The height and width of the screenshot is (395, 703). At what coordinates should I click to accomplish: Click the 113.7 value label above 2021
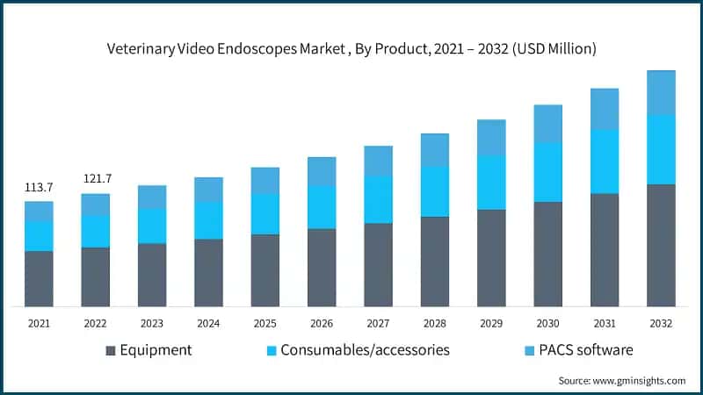pos(39,187)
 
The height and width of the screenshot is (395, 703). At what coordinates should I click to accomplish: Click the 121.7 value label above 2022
pos(98,179)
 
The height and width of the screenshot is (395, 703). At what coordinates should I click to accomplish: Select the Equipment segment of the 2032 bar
pos(661,246)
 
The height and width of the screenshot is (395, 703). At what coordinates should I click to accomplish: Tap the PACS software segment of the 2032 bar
pos(661,93)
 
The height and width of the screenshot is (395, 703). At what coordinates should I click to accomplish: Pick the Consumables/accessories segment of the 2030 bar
pos(547,172)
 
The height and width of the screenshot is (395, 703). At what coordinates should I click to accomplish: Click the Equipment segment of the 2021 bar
pos(39,279)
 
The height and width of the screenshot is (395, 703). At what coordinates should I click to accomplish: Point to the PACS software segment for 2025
pos(265,181)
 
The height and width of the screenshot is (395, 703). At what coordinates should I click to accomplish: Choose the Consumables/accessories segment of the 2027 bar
pos(379,200)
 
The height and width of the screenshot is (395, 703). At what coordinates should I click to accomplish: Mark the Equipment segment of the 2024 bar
pos(208,273)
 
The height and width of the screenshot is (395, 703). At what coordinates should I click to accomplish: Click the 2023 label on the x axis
pos(152,323)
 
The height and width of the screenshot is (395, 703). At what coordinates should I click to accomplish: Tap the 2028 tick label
pos(435,323)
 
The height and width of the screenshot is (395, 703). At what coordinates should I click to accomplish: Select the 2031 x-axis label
pos(605,323)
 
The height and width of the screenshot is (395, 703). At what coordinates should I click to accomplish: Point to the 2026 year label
pos(322,323)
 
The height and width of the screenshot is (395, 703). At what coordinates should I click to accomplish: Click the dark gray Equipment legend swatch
pos(111,350)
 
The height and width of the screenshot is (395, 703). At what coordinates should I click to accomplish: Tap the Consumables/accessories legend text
pos(365,350)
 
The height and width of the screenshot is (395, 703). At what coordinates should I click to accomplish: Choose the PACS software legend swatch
pos(530,350)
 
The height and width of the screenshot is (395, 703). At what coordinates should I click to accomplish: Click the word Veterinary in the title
pos(141,49)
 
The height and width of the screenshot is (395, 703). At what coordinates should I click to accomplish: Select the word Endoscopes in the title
pos(257,49)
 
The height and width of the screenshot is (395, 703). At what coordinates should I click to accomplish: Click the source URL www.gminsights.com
pos(639,381)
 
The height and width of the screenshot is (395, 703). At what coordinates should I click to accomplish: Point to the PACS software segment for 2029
pos(491,138)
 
